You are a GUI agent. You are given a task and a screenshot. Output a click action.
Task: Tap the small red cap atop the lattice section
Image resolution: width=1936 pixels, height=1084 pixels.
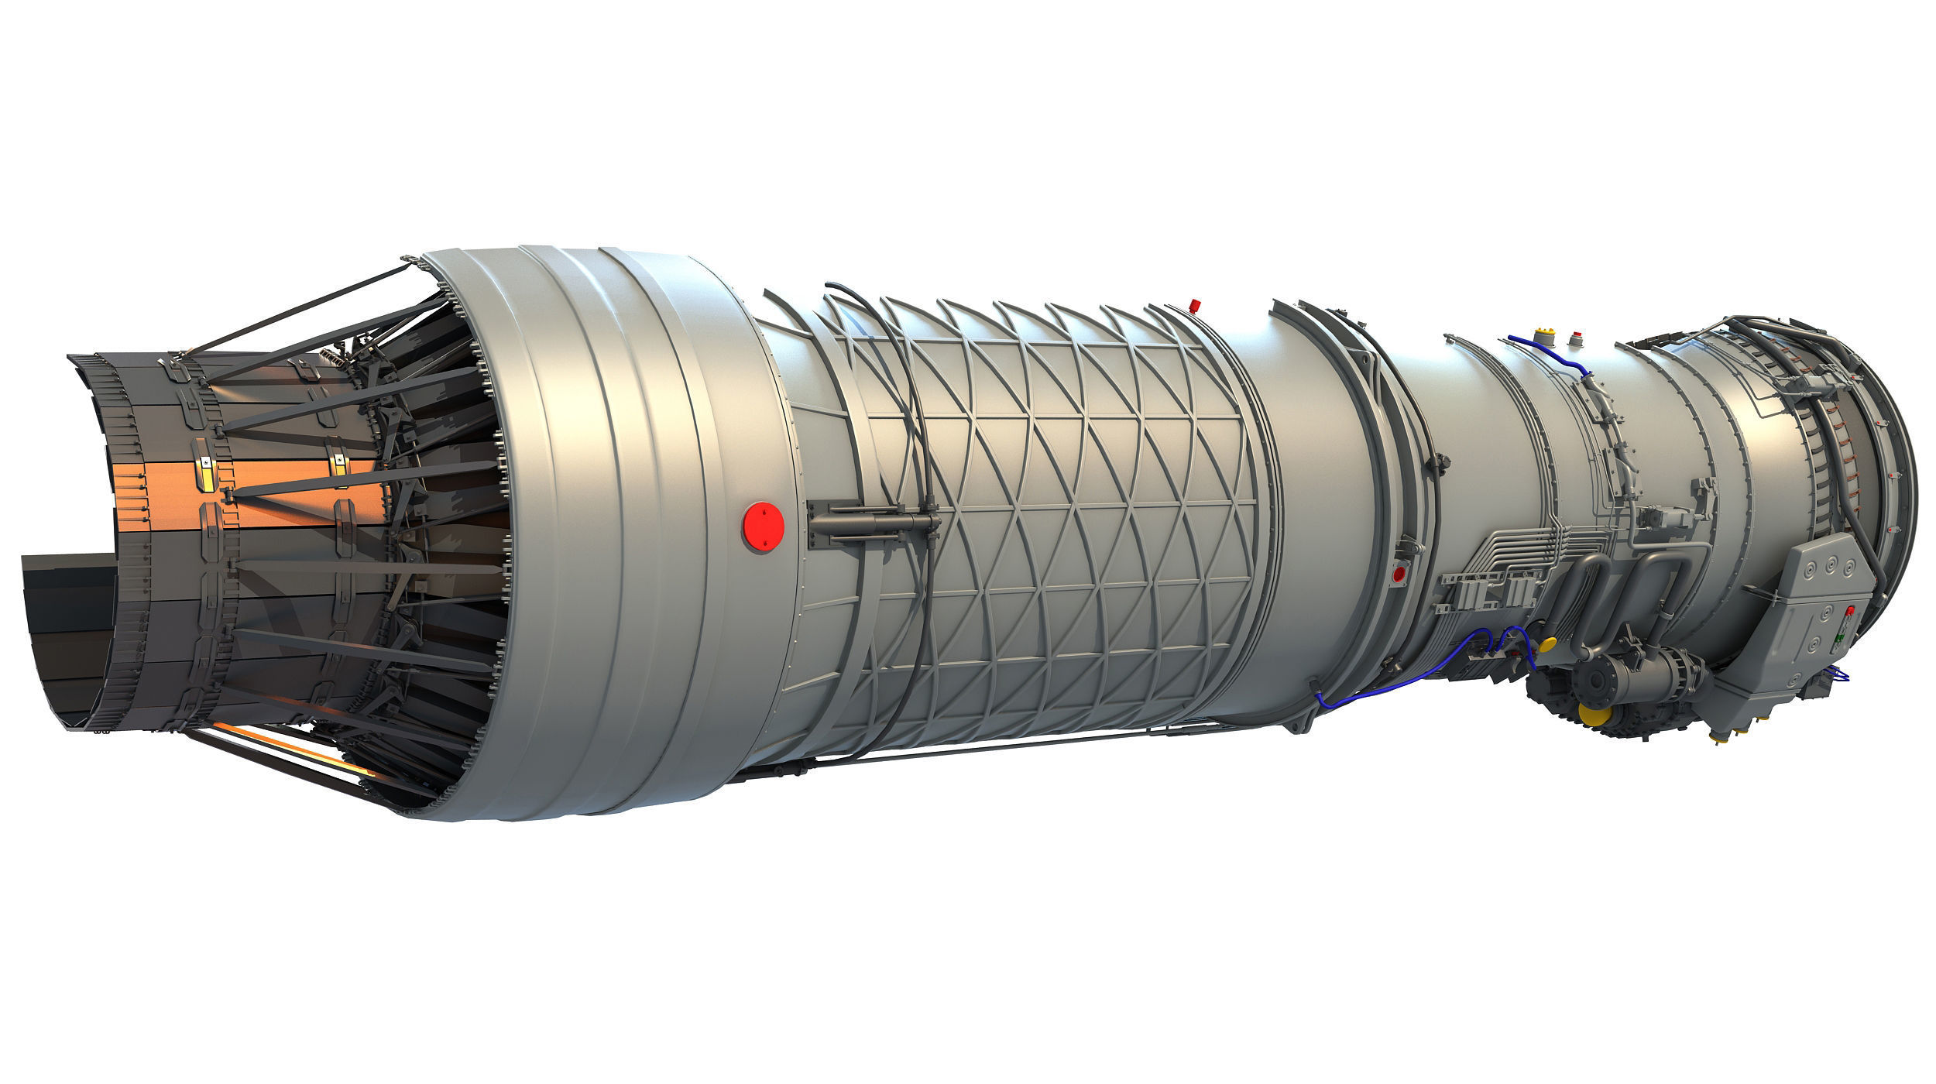click(x=1196, y=304)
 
